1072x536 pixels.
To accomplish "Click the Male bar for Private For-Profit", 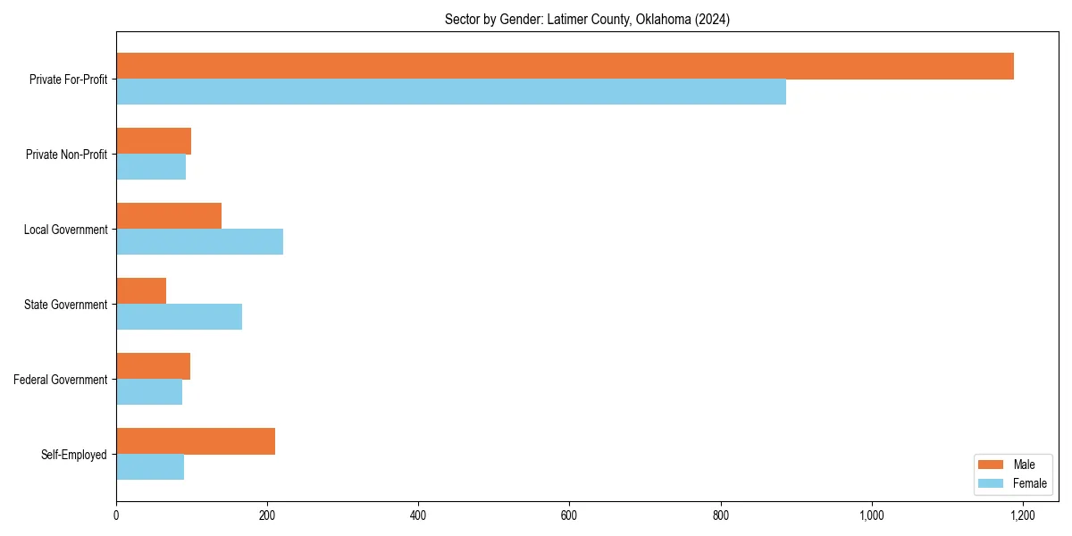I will click(565, 66).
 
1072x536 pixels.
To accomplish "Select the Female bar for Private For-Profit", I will click(451, 92).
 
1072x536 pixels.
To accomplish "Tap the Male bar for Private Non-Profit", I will click(154, 141).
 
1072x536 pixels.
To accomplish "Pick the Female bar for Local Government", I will click(199, 242).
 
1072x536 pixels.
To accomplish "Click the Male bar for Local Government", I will click(169, 216).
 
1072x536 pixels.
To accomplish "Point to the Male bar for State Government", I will click(141, 291).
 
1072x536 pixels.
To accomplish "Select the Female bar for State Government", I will click(179, 317).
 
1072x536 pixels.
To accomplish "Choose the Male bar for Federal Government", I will click(153, 366).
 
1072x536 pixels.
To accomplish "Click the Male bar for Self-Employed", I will click(196, 441).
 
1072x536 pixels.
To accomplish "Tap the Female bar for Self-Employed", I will click(150, 467).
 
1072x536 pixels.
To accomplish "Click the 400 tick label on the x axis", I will click(418, 515).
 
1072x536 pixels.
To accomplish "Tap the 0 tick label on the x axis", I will click(116, 515).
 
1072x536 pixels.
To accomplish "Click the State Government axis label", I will click(66, 305).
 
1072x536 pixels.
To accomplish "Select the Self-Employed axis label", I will click(74, 455).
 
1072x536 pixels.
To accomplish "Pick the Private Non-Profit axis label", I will click(66, 155).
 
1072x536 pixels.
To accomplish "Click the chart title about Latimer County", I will click(587, 20).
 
